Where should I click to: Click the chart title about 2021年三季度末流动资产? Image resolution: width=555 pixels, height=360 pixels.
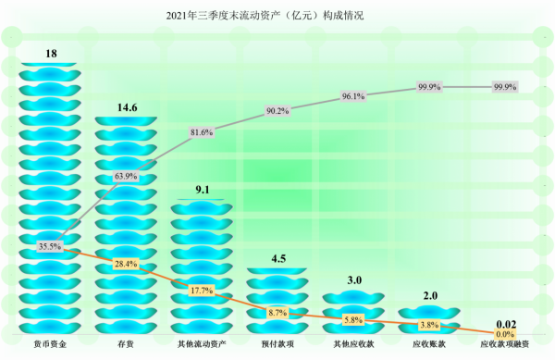[277, 16]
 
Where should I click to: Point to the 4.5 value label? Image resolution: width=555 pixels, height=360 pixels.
[277, 258]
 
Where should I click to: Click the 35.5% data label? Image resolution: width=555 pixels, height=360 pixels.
[50, 246]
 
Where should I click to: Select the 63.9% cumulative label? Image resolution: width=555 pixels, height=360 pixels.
[126, 175]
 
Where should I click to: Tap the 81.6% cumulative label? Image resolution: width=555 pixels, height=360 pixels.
[202, 132]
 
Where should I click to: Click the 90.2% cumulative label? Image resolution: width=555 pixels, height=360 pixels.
[277, 111]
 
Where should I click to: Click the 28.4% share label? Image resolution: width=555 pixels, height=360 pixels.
[126, 264]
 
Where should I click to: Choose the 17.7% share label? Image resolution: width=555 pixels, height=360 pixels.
[202, 291]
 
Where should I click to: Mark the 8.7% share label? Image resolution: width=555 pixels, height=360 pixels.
[277, 312]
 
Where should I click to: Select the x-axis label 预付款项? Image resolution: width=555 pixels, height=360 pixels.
[277, 344]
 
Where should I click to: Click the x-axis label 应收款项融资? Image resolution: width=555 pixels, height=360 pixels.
[505, 344]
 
